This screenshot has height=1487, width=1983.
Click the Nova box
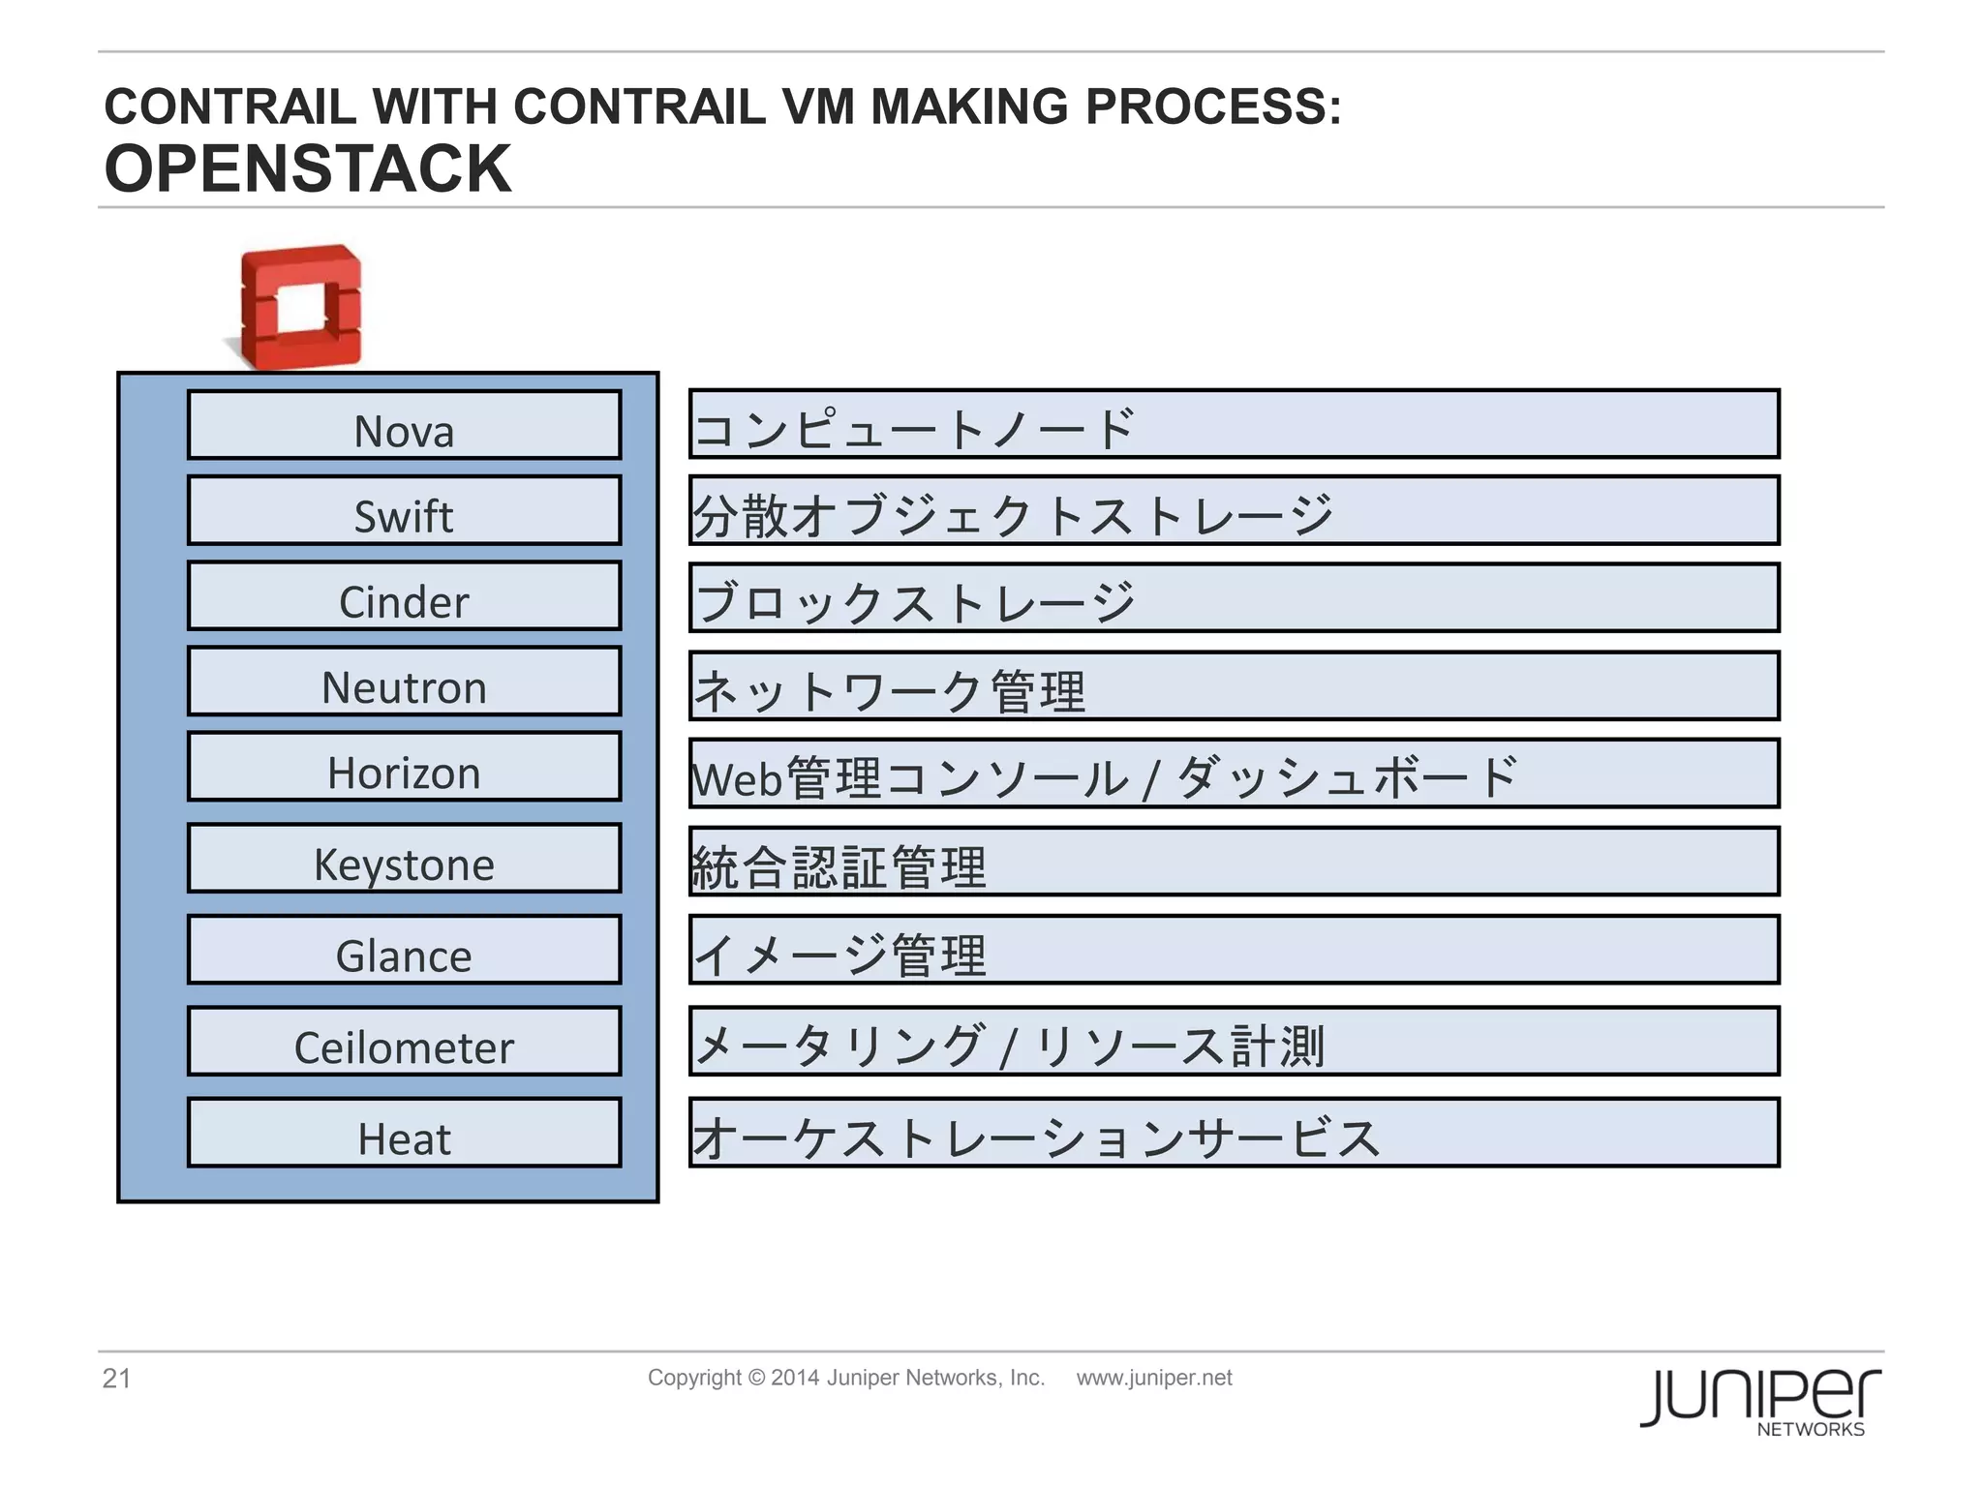404,425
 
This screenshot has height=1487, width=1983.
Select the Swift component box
404,510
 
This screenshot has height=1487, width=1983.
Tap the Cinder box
404,596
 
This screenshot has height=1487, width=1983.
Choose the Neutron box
404,682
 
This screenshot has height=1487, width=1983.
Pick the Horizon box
404,767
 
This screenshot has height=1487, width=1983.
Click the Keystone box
404,859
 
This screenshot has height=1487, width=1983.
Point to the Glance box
404,950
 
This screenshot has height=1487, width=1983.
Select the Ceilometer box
404,1042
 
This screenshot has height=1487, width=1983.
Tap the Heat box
404,1133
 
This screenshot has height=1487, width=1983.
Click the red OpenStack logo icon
301,307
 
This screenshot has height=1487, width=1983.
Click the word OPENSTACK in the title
308,169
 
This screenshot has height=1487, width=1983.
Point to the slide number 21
116,1379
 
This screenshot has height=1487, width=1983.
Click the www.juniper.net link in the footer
1154,1378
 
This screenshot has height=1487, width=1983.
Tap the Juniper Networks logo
1760,1402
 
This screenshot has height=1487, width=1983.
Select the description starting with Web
1104,777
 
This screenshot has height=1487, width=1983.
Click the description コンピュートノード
914,428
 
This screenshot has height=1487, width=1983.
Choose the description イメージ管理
840,955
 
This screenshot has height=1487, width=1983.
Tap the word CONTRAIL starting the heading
230,106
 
